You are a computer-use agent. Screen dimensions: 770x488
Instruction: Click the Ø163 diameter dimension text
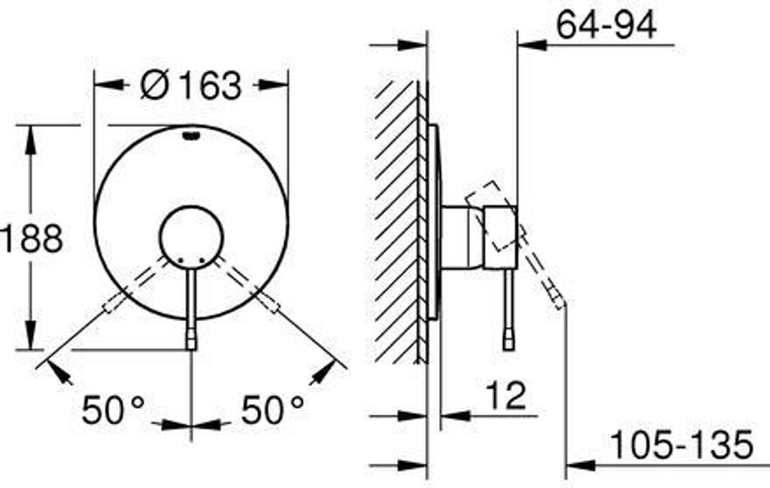coord(191,85)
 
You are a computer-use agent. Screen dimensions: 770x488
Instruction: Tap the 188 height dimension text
coord(32,238)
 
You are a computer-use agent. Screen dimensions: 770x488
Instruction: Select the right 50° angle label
coord(272,410)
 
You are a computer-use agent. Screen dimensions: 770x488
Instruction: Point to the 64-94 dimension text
coord(607,25)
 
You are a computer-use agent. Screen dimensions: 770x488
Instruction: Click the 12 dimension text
coord(506,396)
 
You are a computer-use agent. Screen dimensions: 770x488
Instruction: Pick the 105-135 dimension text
coord(681,444)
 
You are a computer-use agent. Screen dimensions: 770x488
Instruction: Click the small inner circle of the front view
coord(192,238)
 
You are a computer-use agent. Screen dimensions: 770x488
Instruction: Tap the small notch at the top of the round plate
coord(191,135)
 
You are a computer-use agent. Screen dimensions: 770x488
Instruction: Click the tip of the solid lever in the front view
coord(191,349)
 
